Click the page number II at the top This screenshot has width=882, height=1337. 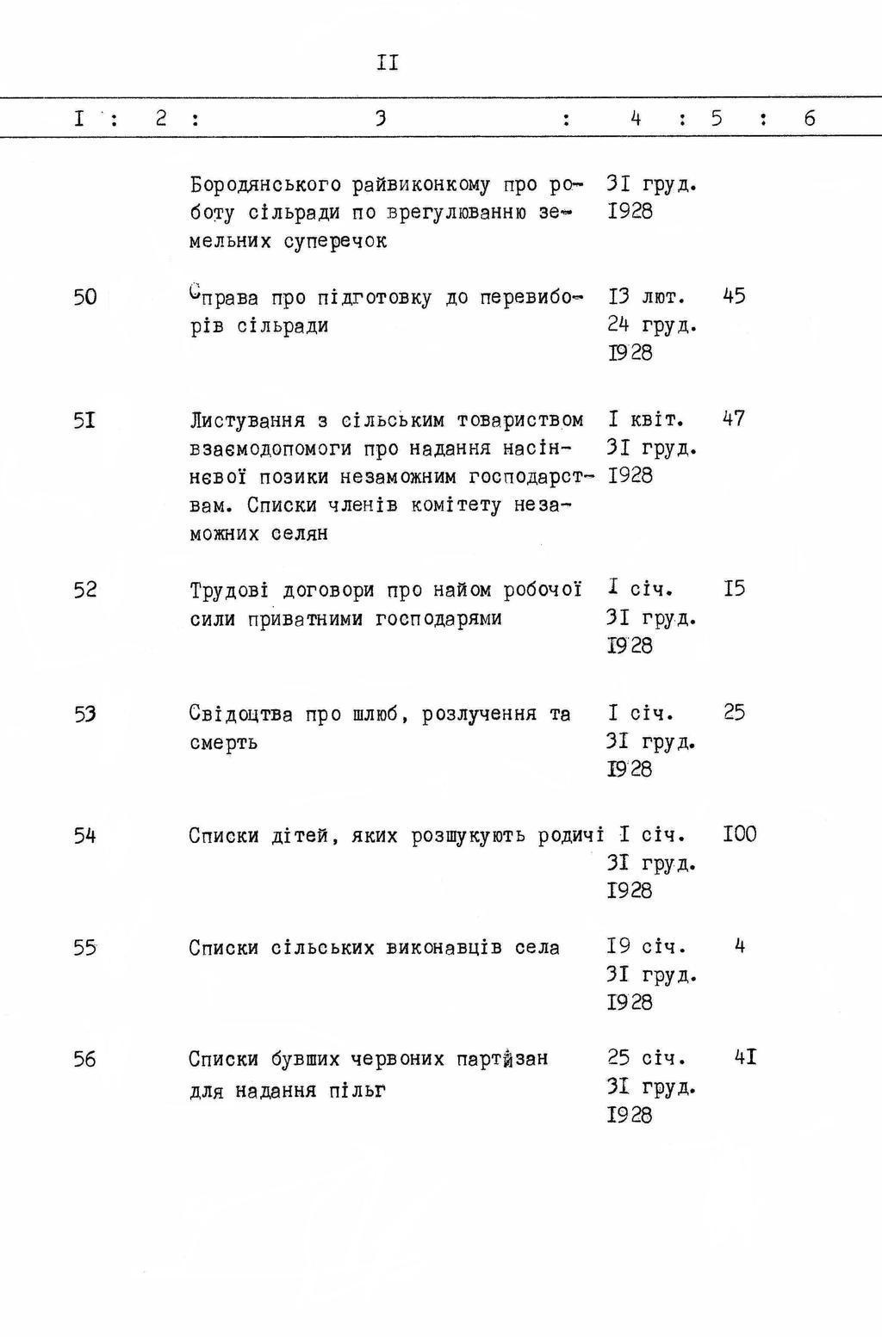(387, 63)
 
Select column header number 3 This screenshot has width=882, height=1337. (380, 119)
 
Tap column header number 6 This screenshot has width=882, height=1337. (810, 119)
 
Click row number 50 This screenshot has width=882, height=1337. (84, 298)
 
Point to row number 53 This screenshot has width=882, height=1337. (84, 715)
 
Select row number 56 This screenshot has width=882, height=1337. (84, 1060)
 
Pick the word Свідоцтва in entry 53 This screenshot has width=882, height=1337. (241, 715)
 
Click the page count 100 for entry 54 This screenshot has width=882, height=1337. (740, 834)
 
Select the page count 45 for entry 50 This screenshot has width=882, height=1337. (734, 296)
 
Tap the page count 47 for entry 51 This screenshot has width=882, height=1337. (734, 419)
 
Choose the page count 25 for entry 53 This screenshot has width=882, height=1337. (734, 713)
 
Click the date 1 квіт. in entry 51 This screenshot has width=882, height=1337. (646, 420)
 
